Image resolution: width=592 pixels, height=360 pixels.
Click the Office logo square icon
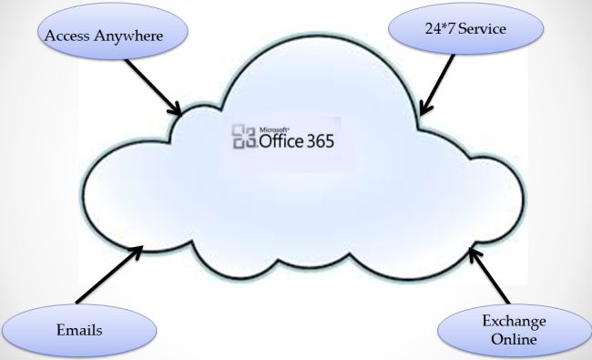pos(244,138)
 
